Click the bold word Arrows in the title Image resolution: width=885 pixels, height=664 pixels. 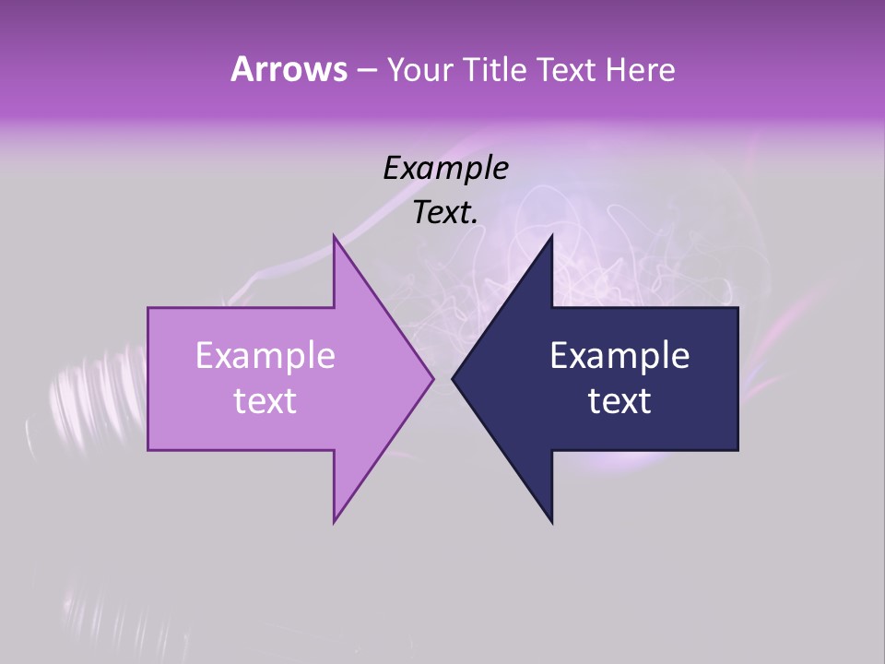pyautogui.click(x=288, y=69)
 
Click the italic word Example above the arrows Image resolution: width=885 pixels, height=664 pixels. pyautogui.click(x=445, y=169)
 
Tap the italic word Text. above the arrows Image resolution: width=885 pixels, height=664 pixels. pyautogui.click(x=445, y=213)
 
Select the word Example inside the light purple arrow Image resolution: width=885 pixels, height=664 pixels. pyautogui.click(x=265, y=356)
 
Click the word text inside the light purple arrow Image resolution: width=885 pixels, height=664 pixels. pyautogui.click(x=265, y=401)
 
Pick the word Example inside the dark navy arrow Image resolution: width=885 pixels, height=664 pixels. pyautogui.click(x=619, y=356)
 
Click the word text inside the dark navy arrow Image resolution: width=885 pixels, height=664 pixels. pyautogui.click(x=619, y=401)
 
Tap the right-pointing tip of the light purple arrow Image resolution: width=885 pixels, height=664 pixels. pyautogui.click(x=431, y=378)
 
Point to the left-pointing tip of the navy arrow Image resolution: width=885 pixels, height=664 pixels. pyautogui.click(x=454, y=378)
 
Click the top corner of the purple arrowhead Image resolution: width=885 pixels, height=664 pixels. pyautogui.click(x=335, y=237)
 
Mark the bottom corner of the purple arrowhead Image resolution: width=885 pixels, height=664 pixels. pyautogui.click(x=335, y=521)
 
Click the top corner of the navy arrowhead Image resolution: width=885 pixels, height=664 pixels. pyautogui.click(x=551, y=237)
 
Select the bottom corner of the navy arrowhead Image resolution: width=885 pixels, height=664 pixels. pyautogui.click(x=551, y=521)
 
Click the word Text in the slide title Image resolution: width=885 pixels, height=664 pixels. pyautogui.click(x=562, y=70)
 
